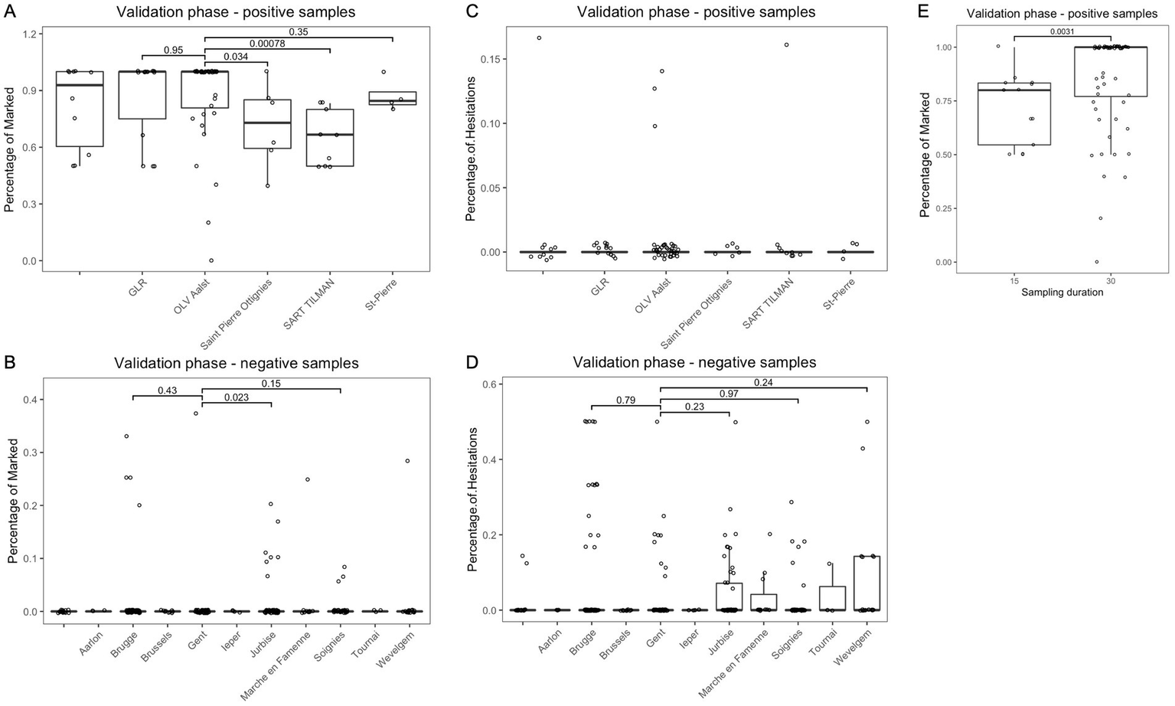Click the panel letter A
pyautogui.click(x=10, y=11)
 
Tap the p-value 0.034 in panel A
pyautogui.click(x=235, y=56)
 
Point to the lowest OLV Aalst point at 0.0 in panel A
pyautogui.click(x=211, y=260)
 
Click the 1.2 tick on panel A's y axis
pyautogui.click(x=29, y=34)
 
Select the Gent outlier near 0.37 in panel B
pyautogui.click(x=196, y=413)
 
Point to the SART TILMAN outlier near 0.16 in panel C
pyautogui.click(x=786, y=44)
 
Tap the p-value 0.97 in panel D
pyautogui.click(x=728, y=394)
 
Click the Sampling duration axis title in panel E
pyautogui.click(x=1062, y=292)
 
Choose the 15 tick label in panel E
pyautogui.click(x=1014, y=281)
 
